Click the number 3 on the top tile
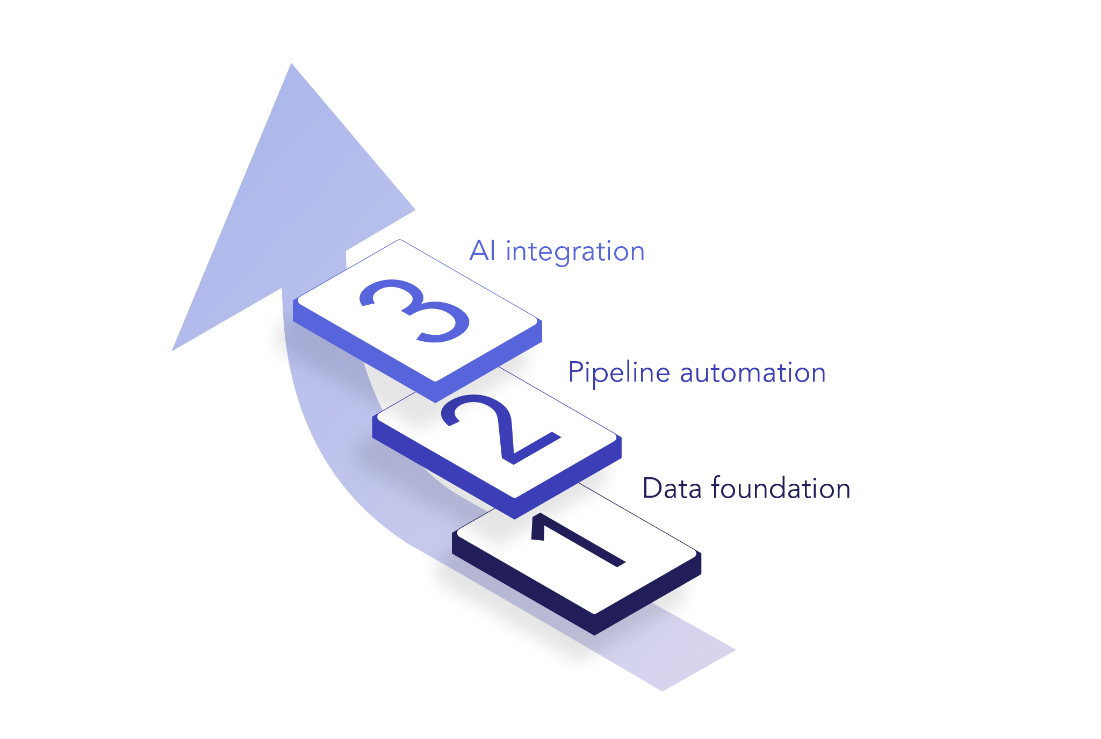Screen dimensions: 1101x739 click(x=414, y=310)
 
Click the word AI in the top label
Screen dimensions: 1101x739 click(x=482, y=251)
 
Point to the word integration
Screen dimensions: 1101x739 click(x=575, y=252)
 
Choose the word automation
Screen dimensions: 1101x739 click(x=753, y=373)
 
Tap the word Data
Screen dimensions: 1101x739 click(x=672, y=489)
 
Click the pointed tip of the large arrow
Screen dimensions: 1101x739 click(x=291, y=63)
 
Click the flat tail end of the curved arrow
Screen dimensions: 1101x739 click(x=699, y=670)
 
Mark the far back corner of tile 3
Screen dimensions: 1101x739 click(x=400, y=240)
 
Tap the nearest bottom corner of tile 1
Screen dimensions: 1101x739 click(x=594, y=635)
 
